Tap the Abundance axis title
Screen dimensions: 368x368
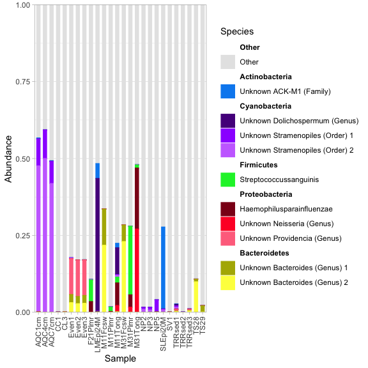pos(9,158)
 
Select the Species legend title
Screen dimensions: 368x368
pos(236,31)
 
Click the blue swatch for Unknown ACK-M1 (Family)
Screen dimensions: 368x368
pos(228,91)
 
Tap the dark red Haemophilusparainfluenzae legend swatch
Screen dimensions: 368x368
pos(228,209)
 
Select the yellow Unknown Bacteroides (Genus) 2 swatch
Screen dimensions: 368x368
pos(228,282)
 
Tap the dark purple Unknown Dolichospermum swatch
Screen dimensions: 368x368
pos(228,120)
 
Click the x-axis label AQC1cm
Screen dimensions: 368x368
pos(39,328)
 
